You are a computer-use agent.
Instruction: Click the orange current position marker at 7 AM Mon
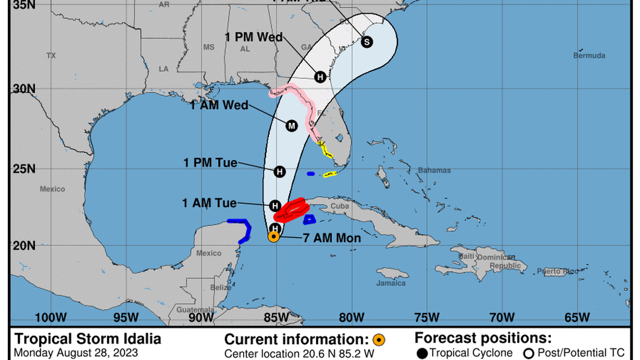pos(273,236)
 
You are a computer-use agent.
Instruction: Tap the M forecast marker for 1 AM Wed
pos(291,126)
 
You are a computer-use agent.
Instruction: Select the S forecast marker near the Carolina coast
pos(367,42)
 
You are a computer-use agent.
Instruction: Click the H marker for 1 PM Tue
pos(280,171)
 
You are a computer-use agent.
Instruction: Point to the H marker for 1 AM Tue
pos(275,206)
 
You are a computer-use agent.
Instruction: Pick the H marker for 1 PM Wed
pos(320,77)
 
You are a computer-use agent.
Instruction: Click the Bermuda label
pos(589,56)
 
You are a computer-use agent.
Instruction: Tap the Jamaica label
pos(391,283)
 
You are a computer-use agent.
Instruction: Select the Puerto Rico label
pos(557,271)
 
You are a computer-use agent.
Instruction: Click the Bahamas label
pos(434,170)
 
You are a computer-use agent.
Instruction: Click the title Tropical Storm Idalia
pos(88,339)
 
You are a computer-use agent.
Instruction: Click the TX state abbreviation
pos(51,56)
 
